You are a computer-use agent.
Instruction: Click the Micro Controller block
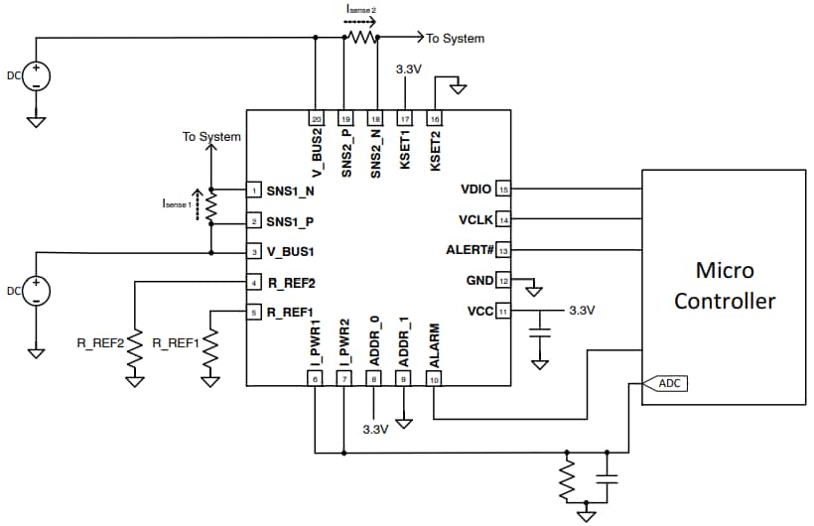coord(724,286)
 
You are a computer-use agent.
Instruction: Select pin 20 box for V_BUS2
coord(317,118)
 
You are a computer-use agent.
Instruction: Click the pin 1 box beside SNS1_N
coord(255,190)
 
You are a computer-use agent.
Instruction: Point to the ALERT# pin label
coord(471,250)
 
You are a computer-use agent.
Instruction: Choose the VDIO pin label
coord(476,189)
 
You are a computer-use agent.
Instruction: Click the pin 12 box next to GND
coord(503,281)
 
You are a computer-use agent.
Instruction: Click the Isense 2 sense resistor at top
coord(361,38)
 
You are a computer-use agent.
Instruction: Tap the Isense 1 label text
coord(175,203)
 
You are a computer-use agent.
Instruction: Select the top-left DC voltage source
coord(36,76)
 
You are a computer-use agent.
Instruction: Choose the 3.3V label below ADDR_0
coord(374,429)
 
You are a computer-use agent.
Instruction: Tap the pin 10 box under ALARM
coord(434,378)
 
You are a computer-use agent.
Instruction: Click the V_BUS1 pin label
coord(292,251)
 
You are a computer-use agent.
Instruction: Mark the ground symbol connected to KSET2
coord(458,89)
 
